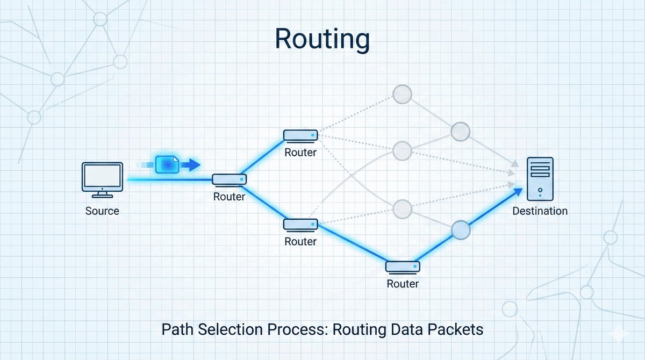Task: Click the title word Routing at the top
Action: (x=322, y=39)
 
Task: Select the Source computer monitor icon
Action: (x=102, y=177)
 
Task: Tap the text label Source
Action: (x=102, y=211)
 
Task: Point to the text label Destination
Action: (x=540, y=211)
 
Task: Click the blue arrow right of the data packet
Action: (x=191, y=164)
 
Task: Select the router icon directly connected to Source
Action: (x=229, y=179)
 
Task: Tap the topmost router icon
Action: (x=300, y=135)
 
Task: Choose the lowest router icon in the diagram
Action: (x=403, y=266)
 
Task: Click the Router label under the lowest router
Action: (x=403, y=283)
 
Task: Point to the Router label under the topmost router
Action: (x=300, y=153)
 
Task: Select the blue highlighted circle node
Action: (x=461, y=230)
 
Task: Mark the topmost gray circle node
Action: (x=402, y=95)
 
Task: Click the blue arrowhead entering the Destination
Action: (x=518, y=192)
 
